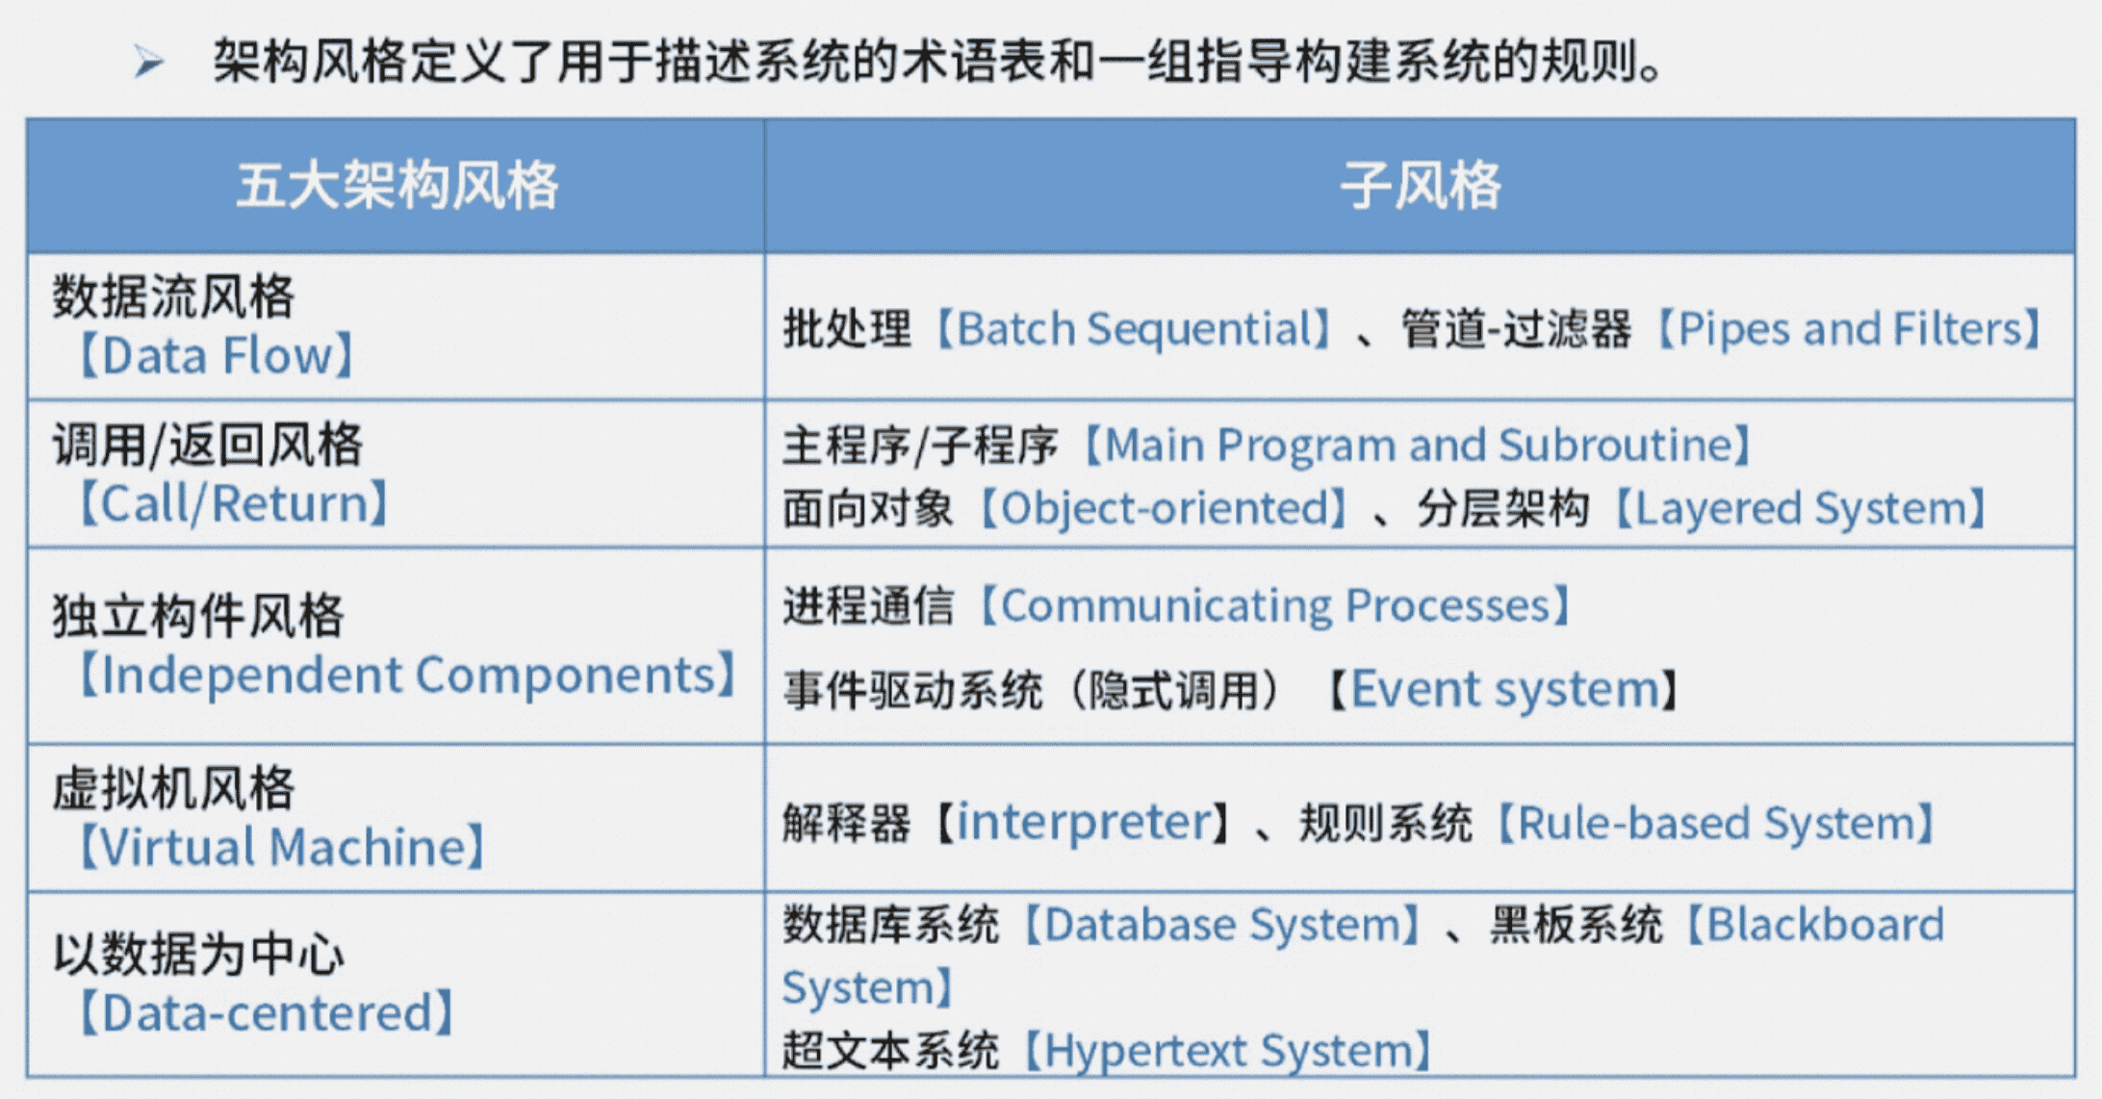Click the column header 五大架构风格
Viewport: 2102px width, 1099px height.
[397, 185]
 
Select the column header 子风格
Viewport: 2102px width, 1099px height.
[1420, 185]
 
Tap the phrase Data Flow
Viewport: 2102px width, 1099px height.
[217, 356]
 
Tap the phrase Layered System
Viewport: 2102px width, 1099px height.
[1799, 508]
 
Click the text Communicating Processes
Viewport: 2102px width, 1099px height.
[1275, 606]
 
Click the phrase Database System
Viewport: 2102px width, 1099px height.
[1221, 925]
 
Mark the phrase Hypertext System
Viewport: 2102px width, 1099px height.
[1227, 1051]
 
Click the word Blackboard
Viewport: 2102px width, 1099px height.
[1825, 925]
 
